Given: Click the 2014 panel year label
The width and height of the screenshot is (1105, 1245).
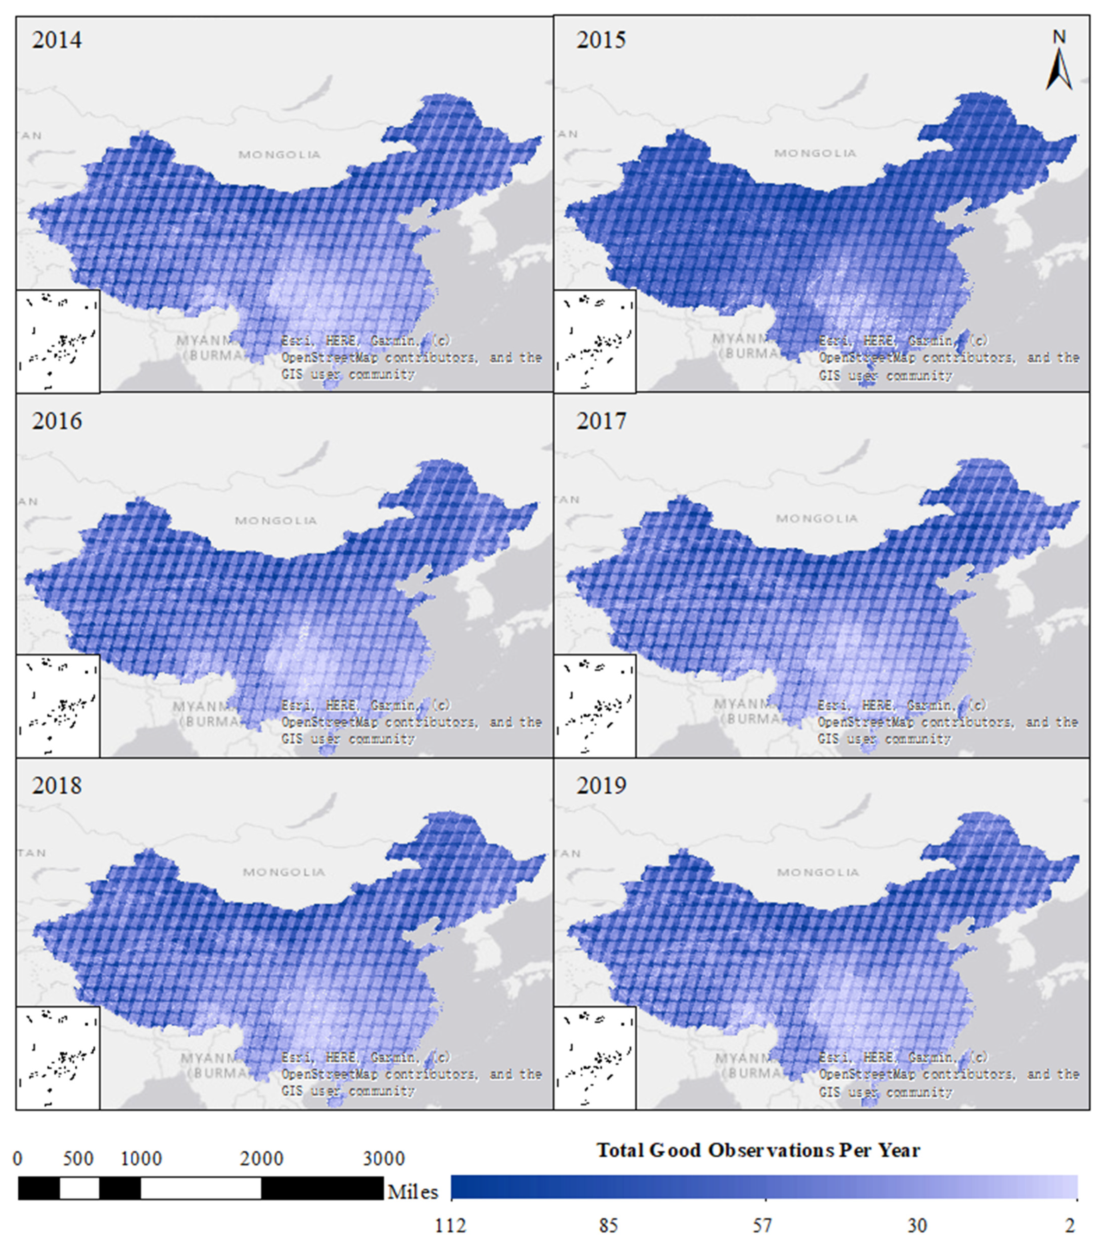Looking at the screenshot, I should click(57, 40).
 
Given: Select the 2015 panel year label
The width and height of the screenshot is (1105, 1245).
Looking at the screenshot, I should click(601, 40).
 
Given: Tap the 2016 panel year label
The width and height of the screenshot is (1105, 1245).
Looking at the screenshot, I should click(57, 421).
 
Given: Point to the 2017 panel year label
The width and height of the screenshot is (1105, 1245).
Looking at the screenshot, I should click(601, 421).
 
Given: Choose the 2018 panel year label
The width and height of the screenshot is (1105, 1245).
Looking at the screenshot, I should click(57, 786).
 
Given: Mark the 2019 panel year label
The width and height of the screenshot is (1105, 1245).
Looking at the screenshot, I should click(601, 786).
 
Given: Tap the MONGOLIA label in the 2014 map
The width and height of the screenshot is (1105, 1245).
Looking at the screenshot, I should click(279, 155).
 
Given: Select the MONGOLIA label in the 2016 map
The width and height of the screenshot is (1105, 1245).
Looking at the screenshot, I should click(276, 521).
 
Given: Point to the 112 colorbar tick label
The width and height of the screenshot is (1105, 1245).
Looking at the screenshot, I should click(450, 1225).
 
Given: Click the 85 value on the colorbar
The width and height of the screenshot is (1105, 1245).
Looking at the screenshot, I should click(608, 1225).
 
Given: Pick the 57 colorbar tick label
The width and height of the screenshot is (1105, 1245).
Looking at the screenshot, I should click(762, 1225).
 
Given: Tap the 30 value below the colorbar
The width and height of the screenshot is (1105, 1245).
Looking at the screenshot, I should click(917, 1225).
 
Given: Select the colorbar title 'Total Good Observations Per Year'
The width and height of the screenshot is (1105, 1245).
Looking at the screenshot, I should click(757, 1150).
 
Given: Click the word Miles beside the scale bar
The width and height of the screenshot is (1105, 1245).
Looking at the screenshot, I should click(413, 1192).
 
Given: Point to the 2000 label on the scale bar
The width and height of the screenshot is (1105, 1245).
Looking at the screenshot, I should click(262, 1158).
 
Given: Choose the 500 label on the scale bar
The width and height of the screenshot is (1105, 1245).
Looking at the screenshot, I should click(79, 1158).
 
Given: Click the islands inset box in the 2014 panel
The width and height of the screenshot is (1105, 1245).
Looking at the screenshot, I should click(58, 341).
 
